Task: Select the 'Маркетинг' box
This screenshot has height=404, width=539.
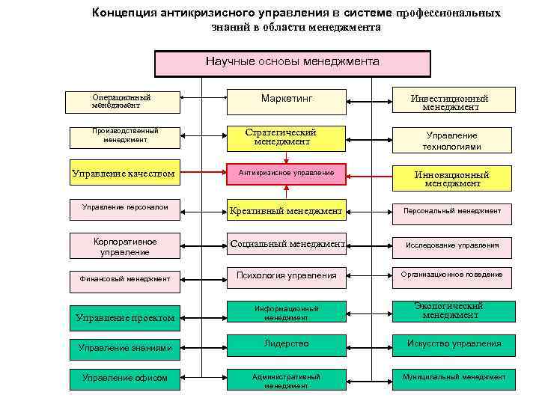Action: [x=286, y=100]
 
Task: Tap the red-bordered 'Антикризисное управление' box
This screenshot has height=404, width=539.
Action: [x=286, y=174]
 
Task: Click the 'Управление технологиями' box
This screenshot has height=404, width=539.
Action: [x=451, y=140]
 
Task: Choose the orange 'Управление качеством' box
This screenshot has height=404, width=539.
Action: [x=124, y=174]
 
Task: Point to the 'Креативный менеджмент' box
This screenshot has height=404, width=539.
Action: [x=286, y=211]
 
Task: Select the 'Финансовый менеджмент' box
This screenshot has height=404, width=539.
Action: [x=124, y=278]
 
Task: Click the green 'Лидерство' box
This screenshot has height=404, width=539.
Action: [x=286, y=344]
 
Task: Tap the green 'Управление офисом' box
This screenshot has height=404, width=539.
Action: [x=124, y=378]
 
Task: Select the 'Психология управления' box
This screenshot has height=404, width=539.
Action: [x=286, y=276]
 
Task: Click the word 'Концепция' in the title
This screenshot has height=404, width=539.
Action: [x=124, y=13]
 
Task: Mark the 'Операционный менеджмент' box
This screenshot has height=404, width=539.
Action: [x=124, y=101]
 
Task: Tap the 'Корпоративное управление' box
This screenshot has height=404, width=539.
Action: [x=124, y=245]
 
